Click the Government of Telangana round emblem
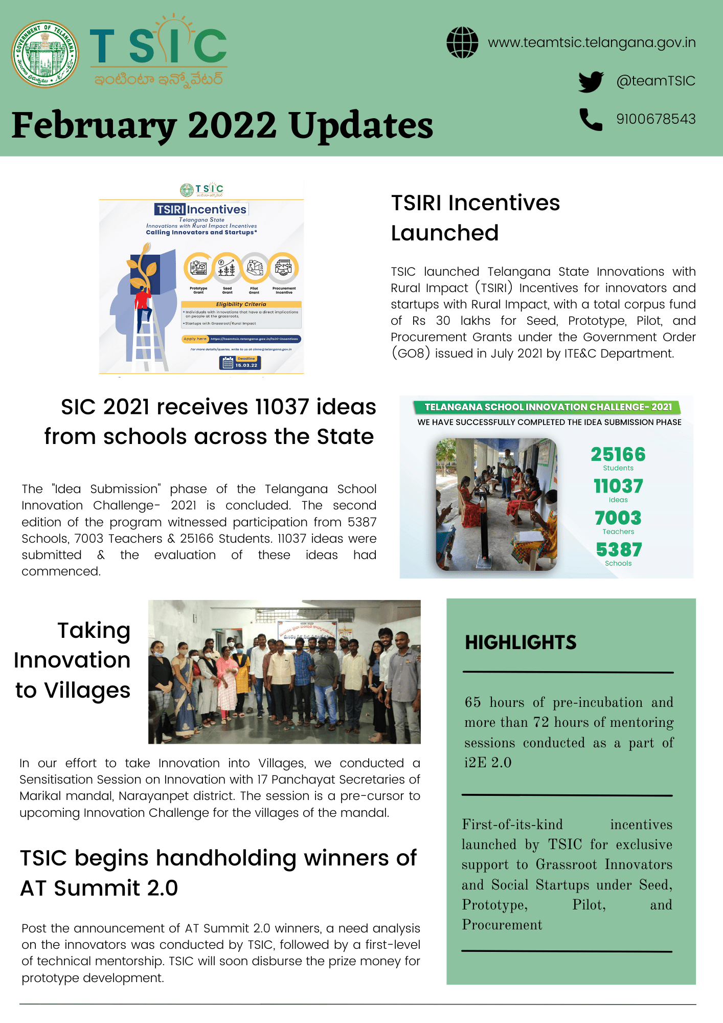(x=45, y=54)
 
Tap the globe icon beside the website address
(x=462, y=42)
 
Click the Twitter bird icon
(x=591, y=81)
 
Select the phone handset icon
(x=591, y=119)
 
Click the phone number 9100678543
(x=656, y=119)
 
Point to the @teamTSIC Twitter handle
(x=656, y=81)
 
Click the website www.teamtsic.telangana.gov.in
(x=592, y=42)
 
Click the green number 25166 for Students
(x=618, y=454)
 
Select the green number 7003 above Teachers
(x=618, y=518)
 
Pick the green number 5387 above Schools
(x=619, y=550)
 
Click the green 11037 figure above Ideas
(x=618, y=486)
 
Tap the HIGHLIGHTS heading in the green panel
(x=521, y=642)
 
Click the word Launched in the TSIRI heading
(x=444, y=233)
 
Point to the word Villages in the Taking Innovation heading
(x=87, y=690)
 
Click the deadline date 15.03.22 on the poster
(x=246, y=365)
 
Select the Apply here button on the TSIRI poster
(x=195, y=339)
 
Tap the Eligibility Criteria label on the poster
(x=241, y=304)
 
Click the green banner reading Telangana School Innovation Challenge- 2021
(x=547, y=407)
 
